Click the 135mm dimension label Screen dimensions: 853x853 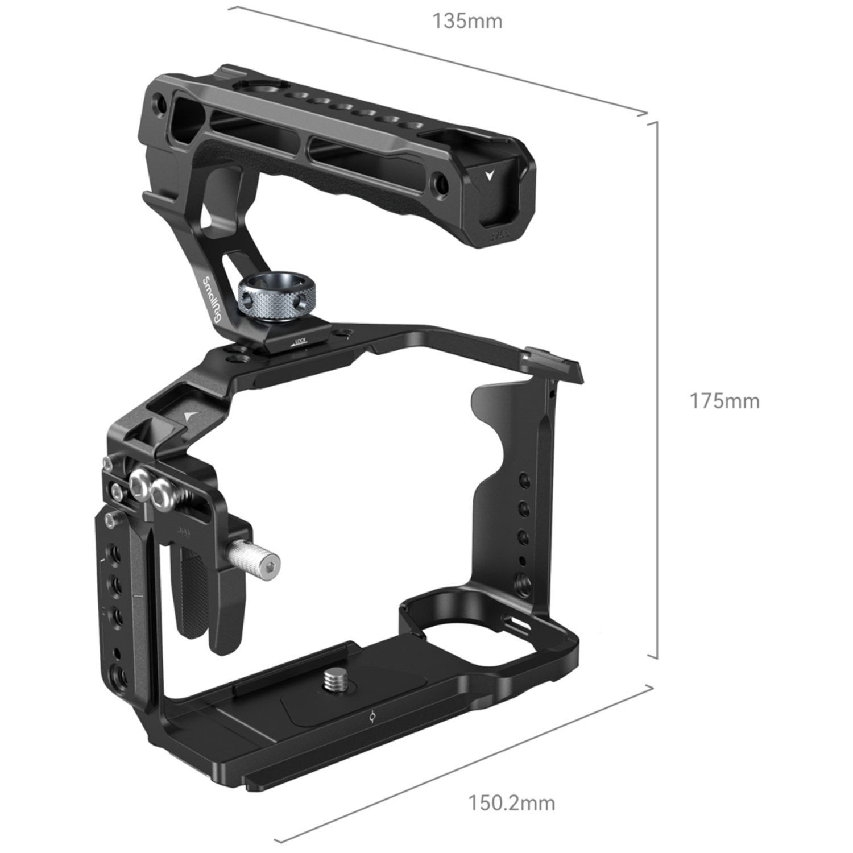pyautogui.click(x=467, y=22)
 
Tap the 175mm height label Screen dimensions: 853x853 pyautogui.click(x=724, y=401)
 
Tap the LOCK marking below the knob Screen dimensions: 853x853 pyautogui.click(x=298, y=341)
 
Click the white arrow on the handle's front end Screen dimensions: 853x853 pyautogui.click(x=488, y=175)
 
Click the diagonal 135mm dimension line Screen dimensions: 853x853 pyautogui.click(x=438, y=57)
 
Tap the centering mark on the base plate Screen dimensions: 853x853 pyautogui.click(x=372, y=718)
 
